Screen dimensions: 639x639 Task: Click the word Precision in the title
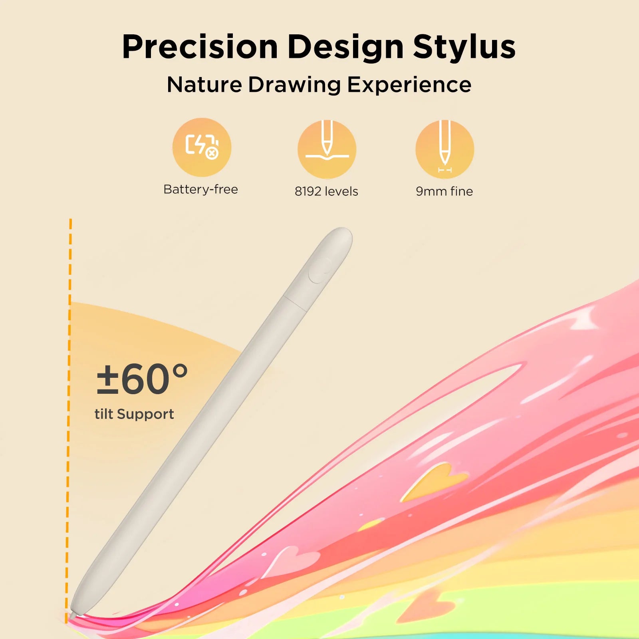pos(200,47)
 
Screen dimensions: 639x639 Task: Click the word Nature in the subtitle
pos(204,85)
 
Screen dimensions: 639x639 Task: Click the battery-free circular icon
pos(202,147)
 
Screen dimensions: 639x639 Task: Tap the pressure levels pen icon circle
pos(327,149)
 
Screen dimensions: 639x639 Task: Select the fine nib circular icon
pos(445,149)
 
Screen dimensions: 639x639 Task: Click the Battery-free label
pos(200,189)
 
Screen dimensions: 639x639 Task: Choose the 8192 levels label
pos(326,191)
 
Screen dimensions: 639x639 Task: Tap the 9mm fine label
pos(444,191)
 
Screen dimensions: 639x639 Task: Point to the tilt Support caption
pos(134,414)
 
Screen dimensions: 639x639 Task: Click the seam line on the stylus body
pos(296,304)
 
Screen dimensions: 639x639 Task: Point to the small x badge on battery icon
pos(212,153)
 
